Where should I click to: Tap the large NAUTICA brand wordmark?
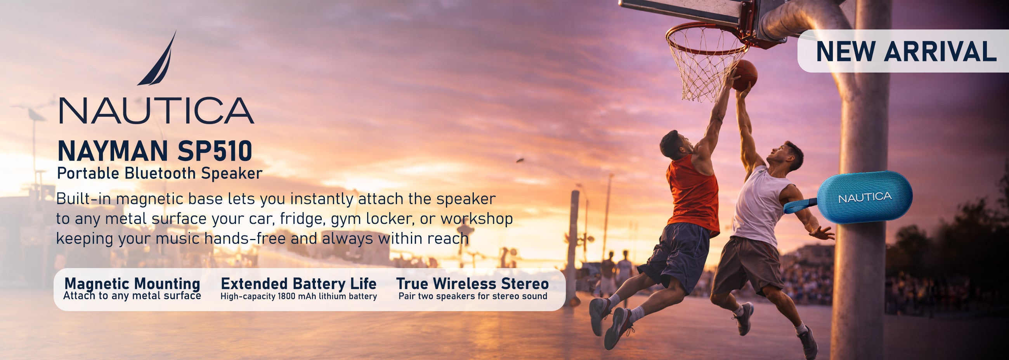point(157,111)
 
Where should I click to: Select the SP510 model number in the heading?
point(215,151)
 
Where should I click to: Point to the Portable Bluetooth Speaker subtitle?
point(160,173)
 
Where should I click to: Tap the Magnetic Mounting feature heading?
point(132,283)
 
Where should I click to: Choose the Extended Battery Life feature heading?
point(298,283)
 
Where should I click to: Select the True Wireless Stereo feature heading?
point(472,283)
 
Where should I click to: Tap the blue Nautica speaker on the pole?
point(865,197)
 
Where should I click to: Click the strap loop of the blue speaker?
point(800,206)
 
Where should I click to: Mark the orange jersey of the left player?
point(692,194)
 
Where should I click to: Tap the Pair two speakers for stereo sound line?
point(473,296)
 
